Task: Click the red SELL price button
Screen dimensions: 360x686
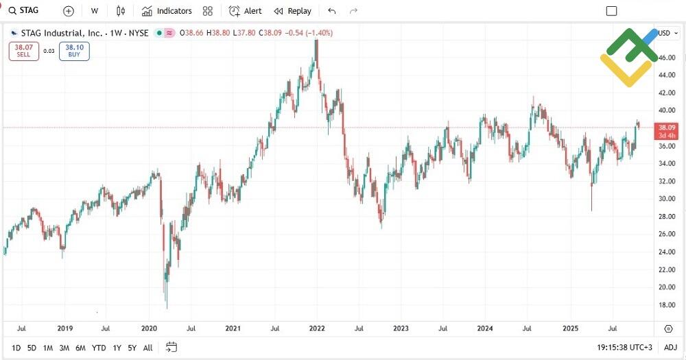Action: point(23,51)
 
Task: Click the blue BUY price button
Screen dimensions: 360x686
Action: point(74,51)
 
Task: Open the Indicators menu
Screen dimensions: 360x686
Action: point(167,11)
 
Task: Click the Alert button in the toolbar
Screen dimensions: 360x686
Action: point(245,11)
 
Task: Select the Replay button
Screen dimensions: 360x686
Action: point(292,11)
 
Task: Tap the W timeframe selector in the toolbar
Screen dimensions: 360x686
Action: point(94,11)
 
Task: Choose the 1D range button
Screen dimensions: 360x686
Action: point(16,348)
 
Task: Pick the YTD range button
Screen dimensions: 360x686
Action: point(99,348)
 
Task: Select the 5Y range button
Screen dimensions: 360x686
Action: point(132,348)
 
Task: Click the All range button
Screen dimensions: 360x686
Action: point(147,348)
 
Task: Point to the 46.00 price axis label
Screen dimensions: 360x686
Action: point(667,58)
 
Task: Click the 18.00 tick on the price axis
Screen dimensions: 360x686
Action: point(667,305)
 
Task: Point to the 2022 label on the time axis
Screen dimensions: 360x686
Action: point(316,328)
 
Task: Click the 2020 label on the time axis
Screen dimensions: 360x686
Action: point(149,328)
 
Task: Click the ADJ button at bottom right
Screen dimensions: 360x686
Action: point(670,348)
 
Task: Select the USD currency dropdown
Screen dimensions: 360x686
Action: point(666,33)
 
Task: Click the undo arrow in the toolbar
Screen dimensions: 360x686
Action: point(332,11)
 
